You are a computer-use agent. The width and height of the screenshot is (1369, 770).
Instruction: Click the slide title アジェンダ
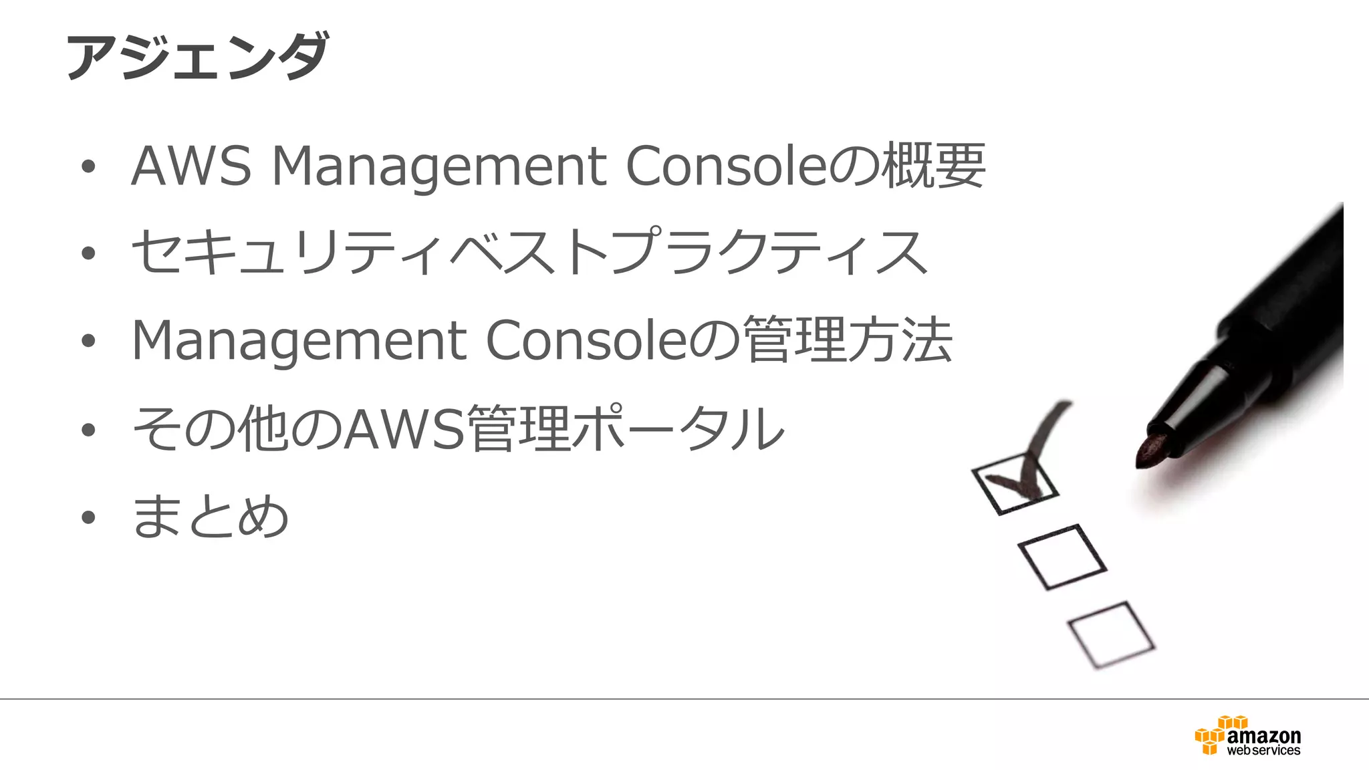click(x=197, y=56)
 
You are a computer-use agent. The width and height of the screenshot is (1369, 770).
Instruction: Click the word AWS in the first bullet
click(x=191, y=165)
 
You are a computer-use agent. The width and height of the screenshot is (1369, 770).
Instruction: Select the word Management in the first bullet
click(x=439, y=166)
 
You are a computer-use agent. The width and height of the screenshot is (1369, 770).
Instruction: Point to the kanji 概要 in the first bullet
click(x=933, y=165)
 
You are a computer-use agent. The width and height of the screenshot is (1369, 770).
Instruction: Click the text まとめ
click(x=211, y=516)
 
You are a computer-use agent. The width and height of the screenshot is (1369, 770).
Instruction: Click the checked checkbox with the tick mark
click(x=1015, y=483)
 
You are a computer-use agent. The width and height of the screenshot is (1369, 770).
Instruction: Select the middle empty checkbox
click(x=1062, y=557)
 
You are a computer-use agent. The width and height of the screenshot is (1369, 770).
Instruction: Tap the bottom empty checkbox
click(x=1111, y=634)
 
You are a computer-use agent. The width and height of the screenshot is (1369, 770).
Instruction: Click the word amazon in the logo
click(x=1263, y=736)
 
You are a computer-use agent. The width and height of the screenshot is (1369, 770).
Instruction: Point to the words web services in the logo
click(x=1263, y=751)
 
